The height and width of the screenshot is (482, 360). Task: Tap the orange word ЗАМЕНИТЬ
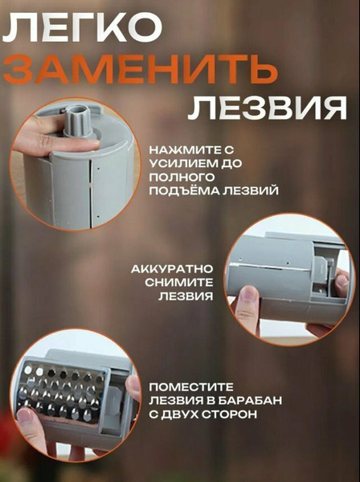coord(141,69)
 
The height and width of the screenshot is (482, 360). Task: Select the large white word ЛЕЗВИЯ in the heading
coord(268,108)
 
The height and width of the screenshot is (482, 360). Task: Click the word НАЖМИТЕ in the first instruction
coord(186,150)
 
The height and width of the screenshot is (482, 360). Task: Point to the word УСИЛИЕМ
coord(183,164)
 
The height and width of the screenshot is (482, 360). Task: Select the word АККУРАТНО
coord(172,269)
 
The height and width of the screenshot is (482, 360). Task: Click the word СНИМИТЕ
coord(179,283)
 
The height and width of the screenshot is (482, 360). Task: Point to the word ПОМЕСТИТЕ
coord(191,387)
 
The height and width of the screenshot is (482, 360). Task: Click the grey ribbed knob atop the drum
coord(78,120)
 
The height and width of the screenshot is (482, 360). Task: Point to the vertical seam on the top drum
coord(90,194)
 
